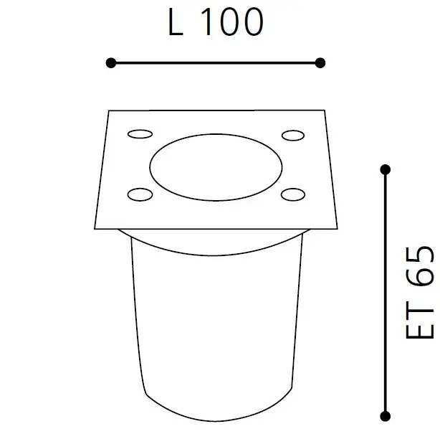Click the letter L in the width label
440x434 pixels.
pyautogui.click(x=174, y=23)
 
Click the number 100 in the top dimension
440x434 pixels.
pyautogui.click(x=231, y=23)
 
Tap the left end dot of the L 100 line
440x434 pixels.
pyautogui.click(x=110, y=63)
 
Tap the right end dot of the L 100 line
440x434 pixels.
pyautogui.click(x=320, y=63)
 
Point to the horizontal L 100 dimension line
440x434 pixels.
pyautogui.click(x=215, y=63)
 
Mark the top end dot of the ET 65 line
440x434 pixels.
pyautogui.click(x=386, y=170)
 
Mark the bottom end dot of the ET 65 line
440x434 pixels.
pyautogui.click(x=386, y=415)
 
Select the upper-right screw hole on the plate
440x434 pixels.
pyautogui.click(x=292, y=135)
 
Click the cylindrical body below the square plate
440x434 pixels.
pyautogui.click(x=215, y=323)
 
